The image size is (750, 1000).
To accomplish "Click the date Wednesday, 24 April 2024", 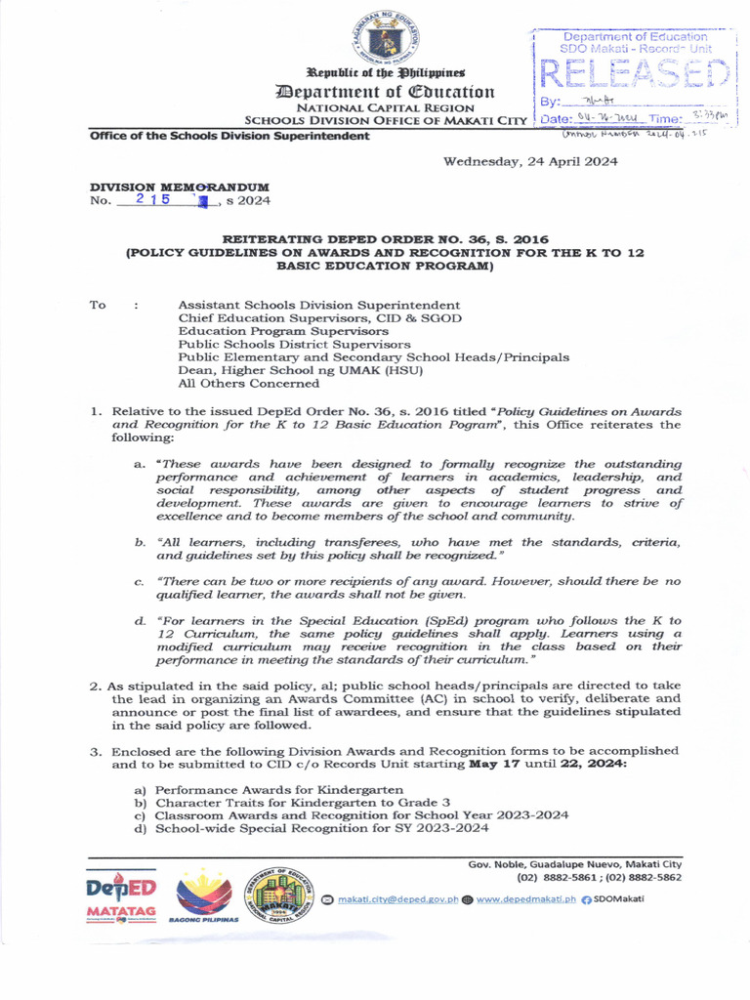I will click(x=530, y=162).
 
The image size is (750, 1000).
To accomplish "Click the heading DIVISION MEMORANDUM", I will click(x=180, y=187).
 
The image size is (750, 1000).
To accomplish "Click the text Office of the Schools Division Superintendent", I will click(x=229, y=136).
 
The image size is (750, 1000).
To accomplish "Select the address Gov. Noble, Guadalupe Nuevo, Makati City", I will click(x=574, y=863).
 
